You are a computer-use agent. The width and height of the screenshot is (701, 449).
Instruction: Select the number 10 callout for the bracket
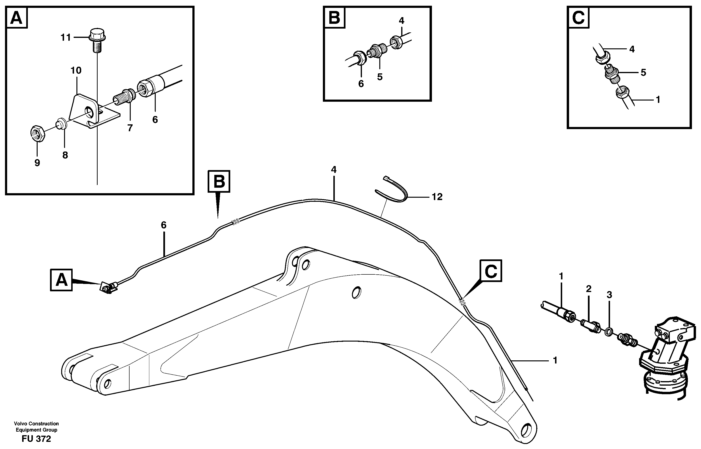[76, 70]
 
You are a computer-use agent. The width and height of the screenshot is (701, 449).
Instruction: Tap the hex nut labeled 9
[37, 134]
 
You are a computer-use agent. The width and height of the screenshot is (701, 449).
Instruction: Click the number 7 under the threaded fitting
[130, 128]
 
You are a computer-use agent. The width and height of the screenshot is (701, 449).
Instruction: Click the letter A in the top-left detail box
[17, 18]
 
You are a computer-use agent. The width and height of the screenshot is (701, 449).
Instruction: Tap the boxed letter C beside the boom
[491, 271]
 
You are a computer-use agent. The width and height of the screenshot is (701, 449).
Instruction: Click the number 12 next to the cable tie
[437, 197]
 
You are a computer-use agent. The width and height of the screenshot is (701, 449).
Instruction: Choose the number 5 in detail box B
[380, 77]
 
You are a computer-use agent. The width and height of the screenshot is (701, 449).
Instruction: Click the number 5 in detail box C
[643, 72]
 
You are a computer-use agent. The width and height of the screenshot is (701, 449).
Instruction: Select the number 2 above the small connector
[588, 289]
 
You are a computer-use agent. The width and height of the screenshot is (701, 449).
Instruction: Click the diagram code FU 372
[36, 439]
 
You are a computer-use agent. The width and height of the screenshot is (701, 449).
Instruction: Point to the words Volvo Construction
[36, 423]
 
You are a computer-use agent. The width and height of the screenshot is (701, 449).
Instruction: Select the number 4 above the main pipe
[334, 169]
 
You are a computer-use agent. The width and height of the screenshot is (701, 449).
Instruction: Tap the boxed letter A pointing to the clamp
[61, 280]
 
